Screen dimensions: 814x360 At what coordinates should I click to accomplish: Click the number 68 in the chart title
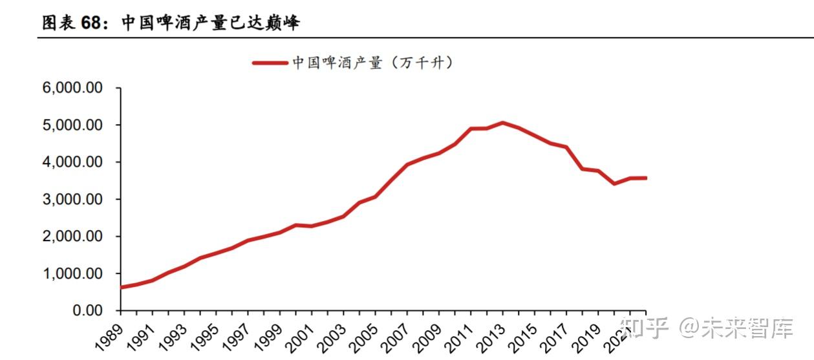(x=91, y=23)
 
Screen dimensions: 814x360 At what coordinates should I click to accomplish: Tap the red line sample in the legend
(x=270, y=63)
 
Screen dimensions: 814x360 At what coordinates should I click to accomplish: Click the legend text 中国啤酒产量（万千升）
(x=372, y=63)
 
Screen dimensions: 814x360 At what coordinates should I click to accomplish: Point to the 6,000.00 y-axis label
(x=72, y=88)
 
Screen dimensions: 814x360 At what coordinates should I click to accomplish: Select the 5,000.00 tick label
(x=72, y=125)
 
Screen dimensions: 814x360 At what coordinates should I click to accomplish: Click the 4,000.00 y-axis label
(x=72, y=162)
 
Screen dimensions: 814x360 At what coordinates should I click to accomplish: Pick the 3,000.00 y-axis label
(x=72, y=200)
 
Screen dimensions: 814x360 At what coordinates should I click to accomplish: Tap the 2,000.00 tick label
(x=72, y=237)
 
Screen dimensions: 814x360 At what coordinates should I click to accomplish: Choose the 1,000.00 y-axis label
(x=72, y=273)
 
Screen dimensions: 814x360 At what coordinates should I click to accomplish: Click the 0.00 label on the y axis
(x=87, y=311)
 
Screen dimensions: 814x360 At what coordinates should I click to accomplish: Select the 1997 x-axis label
(x=236, y=337)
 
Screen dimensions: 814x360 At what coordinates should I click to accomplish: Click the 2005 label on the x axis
(x=363, y=337)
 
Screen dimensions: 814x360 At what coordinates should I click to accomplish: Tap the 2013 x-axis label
(x=491, y=337)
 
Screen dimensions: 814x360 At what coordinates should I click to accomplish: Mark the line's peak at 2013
(x=502, y=123)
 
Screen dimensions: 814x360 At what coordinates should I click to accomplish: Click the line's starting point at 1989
(x=121, y=288)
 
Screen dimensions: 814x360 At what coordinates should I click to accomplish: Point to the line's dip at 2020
(x=614, y=184)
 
